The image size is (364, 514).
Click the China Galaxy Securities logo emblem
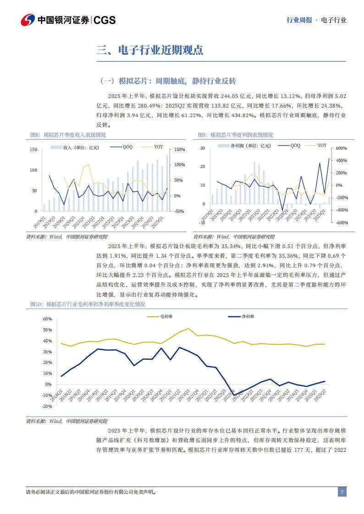click(x=28, y=20)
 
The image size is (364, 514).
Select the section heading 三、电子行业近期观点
click(x=150, y=50)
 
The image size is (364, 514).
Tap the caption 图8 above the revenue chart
click(x=67, y=135)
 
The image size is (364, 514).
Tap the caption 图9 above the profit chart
click(x=235, y=135)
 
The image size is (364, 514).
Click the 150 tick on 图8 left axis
click(x=33, y=150)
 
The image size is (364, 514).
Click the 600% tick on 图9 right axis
click(x=342, y=148)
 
